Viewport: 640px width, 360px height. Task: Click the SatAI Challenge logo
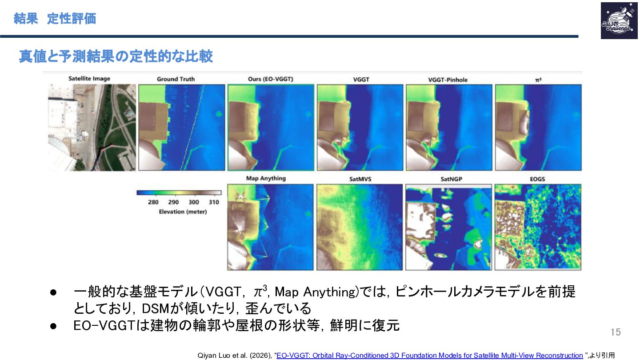point(619,20)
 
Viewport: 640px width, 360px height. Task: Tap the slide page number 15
point(616,332)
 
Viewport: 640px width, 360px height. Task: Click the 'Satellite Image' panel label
point(89,79)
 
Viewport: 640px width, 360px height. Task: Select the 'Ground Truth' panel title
point(176,79)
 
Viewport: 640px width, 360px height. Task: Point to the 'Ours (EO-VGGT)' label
point(271,79)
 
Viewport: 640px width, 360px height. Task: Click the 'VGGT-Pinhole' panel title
point(448,80)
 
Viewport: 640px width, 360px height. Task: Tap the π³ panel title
point(538,80)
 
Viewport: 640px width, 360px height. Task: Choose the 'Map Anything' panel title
point(266,178)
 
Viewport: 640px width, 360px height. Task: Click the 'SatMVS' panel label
point(360,179)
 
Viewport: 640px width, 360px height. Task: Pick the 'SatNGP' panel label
point(451,179)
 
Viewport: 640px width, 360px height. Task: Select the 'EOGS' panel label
point(537,179)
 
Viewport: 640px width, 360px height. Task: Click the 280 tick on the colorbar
point(153,202)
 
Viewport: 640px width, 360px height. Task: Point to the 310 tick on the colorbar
point(214,202)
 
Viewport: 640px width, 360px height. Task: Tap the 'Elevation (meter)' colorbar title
point(183,212)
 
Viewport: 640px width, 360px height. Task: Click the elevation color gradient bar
point(179,193)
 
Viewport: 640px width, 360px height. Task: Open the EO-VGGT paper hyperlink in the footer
point(430,356)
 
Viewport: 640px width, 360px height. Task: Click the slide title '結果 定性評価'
point(55,19)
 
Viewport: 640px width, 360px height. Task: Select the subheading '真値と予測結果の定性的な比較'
point(116,56)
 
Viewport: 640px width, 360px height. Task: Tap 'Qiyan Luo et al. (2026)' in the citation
point(235,356)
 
